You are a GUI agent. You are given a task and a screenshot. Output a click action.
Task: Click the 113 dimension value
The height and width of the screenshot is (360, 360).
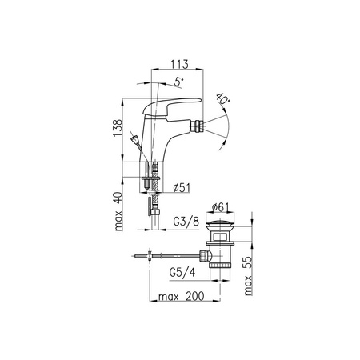click(x=179, y=64)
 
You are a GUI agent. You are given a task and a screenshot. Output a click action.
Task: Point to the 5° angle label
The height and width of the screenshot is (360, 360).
click(x=178, y=82)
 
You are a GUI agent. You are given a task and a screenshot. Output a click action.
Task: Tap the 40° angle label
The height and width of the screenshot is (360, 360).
click(x=223, y=98)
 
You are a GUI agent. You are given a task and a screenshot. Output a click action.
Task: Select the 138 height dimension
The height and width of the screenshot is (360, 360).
click(x=118, y=128)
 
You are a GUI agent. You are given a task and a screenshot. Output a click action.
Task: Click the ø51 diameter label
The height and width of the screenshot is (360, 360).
click(x=182, y=188)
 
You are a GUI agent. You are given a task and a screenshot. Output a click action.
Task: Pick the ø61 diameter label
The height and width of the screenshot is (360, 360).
click(x=220, y=207)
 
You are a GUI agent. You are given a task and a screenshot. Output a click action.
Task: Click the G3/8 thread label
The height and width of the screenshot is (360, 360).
click(x=186, y=222)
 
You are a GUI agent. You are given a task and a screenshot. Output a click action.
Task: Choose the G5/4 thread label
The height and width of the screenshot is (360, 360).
click(x=182, y=272)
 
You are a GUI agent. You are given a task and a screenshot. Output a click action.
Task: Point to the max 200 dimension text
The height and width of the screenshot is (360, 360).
click(x=182, y=296)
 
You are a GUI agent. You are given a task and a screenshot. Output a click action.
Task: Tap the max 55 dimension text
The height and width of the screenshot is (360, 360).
click(x=248, y=276)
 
